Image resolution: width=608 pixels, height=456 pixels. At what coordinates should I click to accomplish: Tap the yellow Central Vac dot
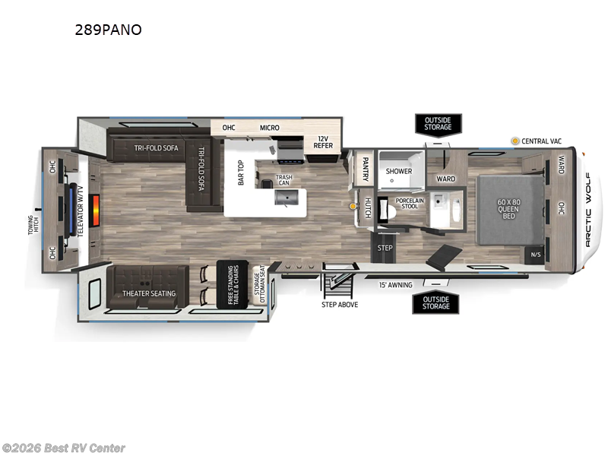click(515, 141)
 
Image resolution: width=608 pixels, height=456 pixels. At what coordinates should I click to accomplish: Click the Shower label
click(398, 171)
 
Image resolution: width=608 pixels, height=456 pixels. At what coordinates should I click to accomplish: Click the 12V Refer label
click(324, 142)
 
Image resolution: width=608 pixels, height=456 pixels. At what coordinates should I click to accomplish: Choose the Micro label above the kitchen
click(269, 128)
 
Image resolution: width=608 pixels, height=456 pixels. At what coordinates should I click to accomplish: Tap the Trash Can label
click(283, 181)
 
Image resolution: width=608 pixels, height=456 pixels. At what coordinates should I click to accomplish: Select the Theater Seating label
click(149, 293)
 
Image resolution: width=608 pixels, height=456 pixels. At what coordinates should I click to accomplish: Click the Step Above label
click(339, 304)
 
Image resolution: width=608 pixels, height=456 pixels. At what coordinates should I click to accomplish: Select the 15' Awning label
click(395, 285)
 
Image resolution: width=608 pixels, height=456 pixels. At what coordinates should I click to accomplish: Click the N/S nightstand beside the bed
click(535, 255)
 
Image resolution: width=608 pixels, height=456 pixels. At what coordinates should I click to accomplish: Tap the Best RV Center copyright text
click(64, 448)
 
